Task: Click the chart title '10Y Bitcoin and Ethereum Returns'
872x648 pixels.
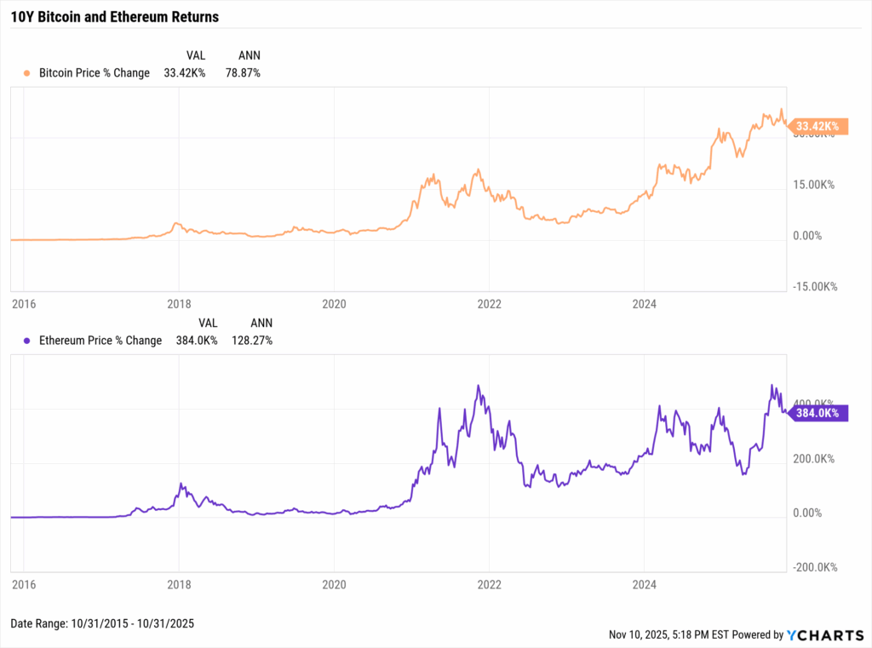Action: pyautogui.click(x=114, y=16)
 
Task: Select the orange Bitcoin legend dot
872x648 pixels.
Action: pyautogui.click(x=27, y=73)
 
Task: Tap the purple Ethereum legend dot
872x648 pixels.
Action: pyautogui.click(x=27, y=341)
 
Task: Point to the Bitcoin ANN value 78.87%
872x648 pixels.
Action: pyautogui.click(x=244, y=73)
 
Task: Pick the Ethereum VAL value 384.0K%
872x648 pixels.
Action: pyautogui.click(x=196, y=341)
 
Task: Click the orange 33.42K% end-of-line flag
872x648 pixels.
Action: pyautogui.click(x=816, y=127)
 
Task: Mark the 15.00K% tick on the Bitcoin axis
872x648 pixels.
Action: pyautogui.click(x=816, y=185)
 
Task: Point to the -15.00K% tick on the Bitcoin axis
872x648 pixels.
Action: pyautogui.click(x=814, y=287)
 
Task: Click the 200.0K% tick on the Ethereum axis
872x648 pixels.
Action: pyautogui.click(x=816, y=459)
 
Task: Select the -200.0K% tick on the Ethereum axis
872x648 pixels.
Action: pyautogui.click(x=814, y=568)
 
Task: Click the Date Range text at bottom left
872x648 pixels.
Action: pyautogui.click(x=102, y=624)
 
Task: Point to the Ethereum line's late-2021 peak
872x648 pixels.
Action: pyautogui.click(x=479, y=387)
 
